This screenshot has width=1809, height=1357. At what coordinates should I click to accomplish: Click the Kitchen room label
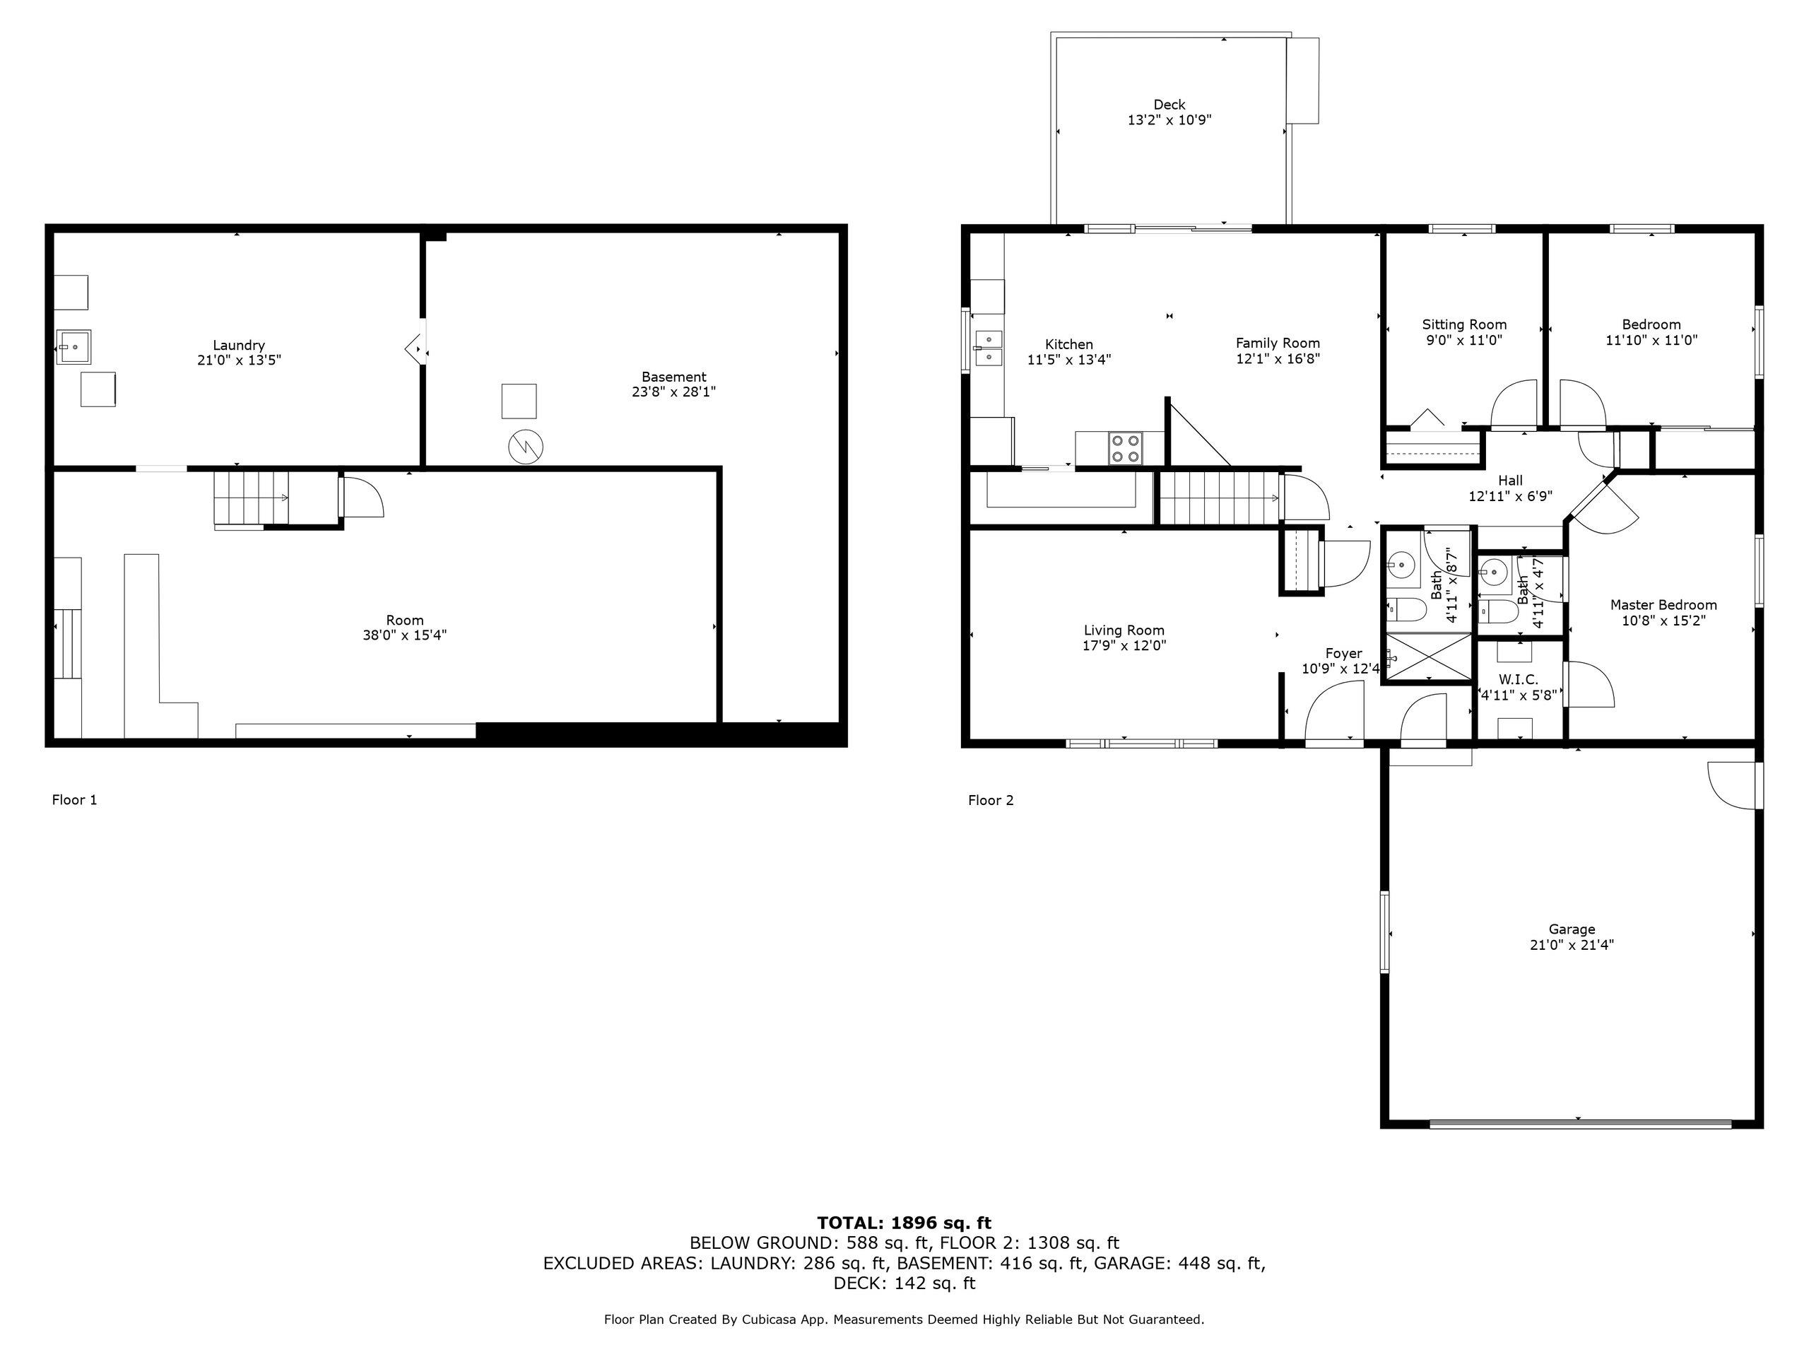[x=1069, y=344]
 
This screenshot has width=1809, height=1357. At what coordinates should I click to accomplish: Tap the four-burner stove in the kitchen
[x=1124, y=449]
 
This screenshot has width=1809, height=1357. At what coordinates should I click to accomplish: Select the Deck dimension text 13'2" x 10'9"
[x=1169, y=120]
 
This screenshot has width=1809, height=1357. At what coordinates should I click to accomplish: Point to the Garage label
[x=1572, y=929]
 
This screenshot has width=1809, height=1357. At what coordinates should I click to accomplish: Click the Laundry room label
[x=239, y=345]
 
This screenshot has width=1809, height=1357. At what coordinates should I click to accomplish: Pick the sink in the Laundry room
[x=74, y=347]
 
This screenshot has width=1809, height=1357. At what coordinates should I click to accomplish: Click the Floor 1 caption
[x=74, y=800]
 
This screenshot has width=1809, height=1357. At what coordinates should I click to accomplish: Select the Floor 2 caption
[x=991, y=800]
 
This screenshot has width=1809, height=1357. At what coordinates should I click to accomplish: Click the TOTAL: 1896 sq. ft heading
[x=904, y=1223]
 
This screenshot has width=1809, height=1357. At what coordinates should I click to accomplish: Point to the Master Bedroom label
[x=1663, y=605]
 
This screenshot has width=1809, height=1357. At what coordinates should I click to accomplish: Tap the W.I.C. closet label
[x=1519, y=680]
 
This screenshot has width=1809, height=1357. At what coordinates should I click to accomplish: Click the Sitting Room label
[x=1464, y=324]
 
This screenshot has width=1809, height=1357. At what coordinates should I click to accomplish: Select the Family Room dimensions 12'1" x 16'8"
[x=1278, y=359]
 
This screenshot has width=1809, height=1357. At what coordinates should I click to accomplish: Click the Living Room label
[x=1124, y=630]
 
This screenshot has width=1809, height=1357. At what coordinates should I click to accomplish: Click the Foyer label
[x=1343, y=653]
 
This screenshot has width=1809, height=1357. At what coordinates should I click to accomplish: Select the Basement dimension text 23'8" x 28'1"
[x=673, y=392]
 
